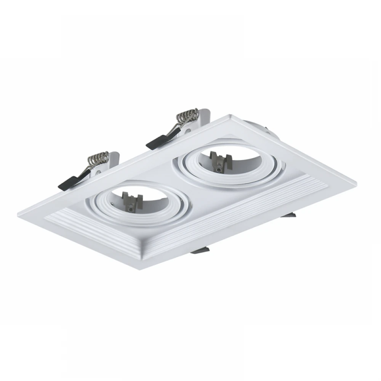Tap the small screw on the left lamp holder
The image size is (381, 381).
pos(131,208)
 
